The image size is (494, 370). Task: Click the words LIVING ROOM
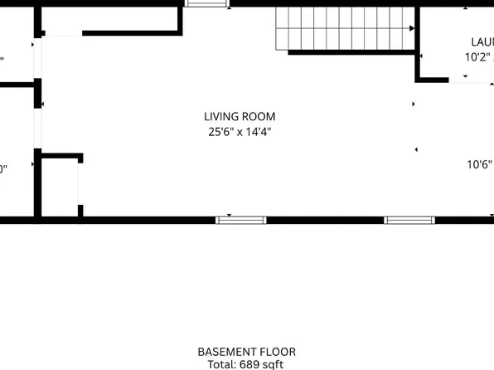tap(240, 117)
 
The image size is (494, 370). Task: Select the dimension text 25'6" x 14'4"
tap(240, 131)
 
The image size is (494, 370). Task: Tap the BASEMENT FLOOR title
tap(246, 352)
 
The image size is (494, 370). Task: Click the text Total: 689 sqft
tap(246, 364)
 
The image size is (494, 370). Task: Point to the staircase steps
tap(344, 29)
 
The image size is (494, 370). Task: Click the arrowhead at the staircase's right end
tap(411, 28)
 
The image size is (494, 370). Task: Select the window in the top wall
tap(207, 3)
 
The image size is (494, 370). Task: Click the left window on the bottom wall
tap(241, 220)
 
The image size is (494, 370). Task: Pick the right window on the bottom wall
tap(409, 220)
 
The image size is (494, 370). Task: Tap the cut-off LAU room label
tap(482, 42)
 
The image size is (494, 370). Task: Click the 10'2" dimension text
tap(478, 58)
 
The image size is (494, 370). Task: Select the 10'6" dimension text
tap(480, 164)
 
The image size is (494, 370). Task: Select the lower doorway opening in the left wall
tap(36, 129)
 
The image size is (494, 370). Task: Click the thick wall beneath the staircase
tap(352, 54)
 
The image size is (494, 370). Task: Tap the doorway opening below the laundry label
tap(472, 80)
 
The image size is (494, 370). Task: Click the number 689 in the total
tap(248, 364)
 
